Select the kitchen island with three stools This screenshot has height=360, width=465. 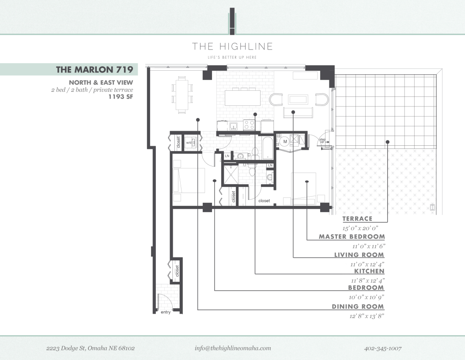pos(242,97)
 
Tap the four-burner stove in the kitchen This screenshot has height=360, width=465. pos(249,125)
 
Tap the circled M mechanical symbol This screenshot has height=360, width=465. pos(285,141)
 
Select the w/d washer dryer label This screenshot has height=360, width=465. pos(189,143)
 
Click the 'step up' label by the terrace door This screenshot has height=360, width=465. pos(322,140)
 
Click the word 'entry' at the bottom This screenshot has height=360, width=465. pos(166,312)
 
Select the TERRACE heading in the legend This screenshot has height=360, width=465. pos(357,219)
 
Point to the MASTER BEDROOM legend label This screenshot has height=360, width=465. pos(352,237)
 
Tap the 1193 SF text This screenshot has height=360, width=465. pos(121,97)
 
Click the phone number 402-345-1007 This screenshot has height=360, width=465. pos(382,348)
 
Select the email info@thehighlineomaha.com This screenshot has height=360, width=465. pos(233,348)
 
